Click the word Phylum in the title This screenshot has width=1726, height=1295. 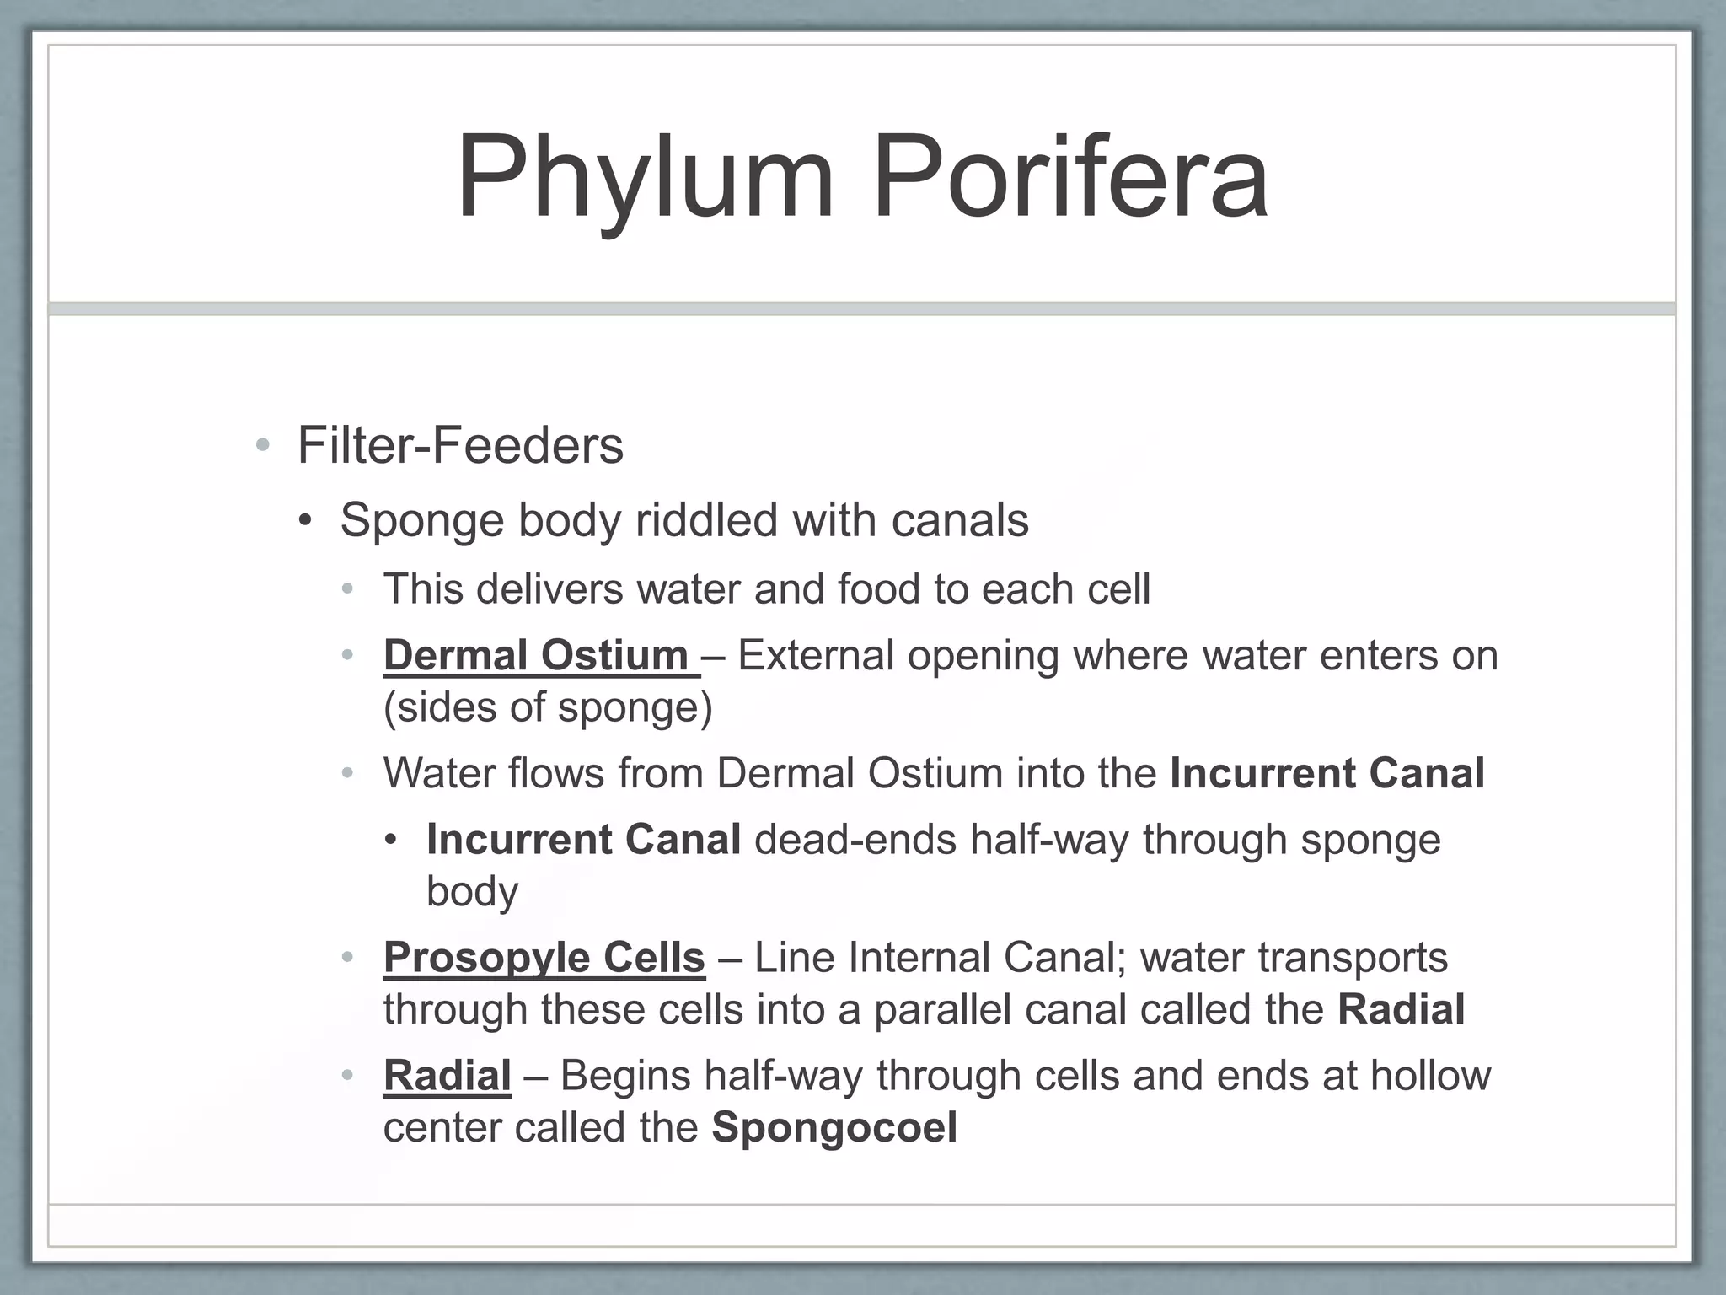click(x=645, y=180)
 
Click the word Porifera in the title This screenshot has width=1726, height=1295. click(x=1069, y=180)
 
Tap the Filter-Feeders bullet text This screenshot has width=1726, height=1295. click(x=460, y=445)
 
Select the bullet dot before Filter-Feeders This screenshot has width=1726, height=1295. click(x=263, y=445)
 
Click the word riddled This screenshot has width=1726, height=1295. click(x=706, y=520)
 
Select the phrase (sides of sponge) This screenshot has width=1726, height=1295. click(x=548, y=707)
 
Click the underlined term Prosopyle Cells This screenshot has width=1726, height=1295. click(x=544, y=957)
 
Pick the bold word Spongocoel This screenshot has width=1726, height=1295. click(x=834, y=1127)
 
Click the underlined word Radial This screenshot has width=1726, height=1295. click(x=447, y=1076)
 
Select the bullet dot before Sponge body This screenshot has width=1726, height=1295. click(x=306, y=520)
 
